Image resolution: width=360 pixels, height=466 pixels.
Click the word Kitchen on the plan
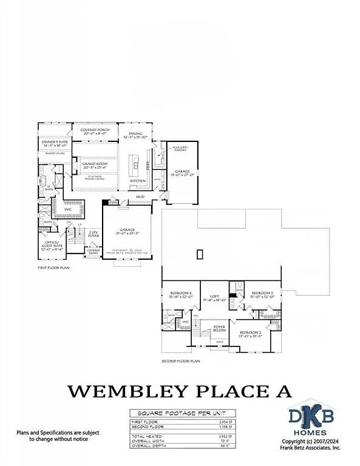pyautogui.click(x=138, y=181)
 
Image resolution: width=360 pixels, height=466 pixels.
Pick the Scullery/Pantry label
pyautogui.click(x=180, y=149)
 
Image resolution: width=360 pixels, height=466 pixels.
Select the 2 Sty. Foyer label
pyautogui.click(x=93, y=234)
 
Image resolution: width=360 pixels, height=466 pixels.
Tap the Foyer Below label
pyautogui.click(x=219, y=328)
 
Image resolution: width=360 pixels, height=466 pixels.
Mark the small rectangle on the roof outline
pyautogui.click(x=199, y=254)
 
